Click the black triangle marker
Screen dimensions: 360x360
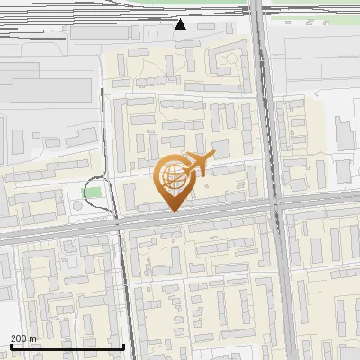point(181,24)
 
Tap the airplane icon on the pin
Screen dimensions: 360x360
point(197,164)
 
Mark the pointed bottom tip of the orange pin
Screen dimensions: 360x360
point(174,211)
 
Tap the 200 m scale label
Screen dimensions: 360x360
point(23,337)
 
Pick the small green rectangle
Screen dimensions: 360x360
point(91,193)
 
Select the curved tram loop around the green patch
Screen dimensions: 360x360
point(112,193)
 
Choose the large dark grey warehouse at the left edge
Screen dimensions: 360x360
point(45,90)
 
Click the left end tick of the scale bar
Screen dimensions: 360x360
point(11,346)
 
